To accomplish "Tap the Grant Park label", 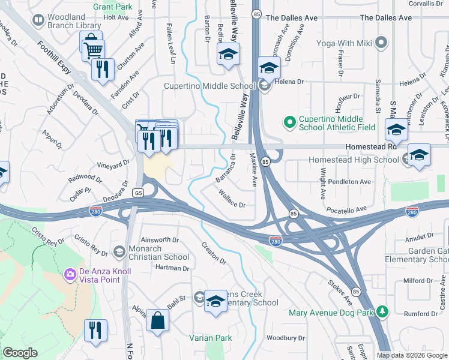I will [x=113, y=7].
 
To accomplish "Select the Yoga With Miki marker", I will [x=381, y=43].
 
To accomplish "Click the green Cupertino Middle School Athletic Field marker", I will [x=290, y=122].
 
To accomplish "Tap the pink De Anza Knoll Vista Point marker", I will [x=70, y=274].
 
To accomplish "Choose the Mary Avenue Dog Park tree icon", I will [x=381, y=313].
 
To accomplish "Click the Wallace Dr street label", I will [x=232, y=200].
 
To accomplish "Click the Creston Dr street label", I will [x=214, y=253].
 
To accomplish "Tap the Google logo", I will [x=20, y=353].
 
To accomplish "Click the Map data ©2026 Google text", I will [x=411, y=355].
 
